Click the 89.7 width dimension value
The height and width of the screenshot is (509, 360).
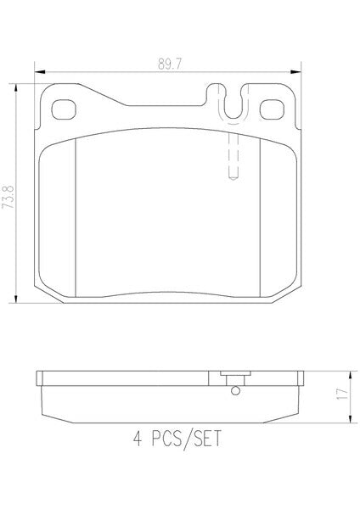coord(170,64)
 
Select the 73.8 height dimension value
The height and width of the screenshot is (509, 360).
coord(8,197)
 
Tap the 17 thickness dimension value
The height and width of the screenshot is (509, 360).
coord(342,394)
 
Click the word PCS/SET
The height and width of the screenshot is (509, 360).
coord(186,439)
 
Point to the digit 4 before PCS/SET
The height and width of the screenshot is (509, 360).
coord(138,439)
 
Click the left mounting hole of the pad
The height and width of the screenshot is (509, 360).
coord(64,109)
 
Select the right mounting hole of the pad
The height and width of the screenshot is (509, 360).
coord(272,109)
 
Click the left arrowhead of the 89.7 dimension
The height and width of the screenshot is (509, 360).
coord(39,72)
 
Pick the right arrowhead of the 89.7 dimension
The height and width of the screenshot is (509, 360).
coord(296,72)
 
